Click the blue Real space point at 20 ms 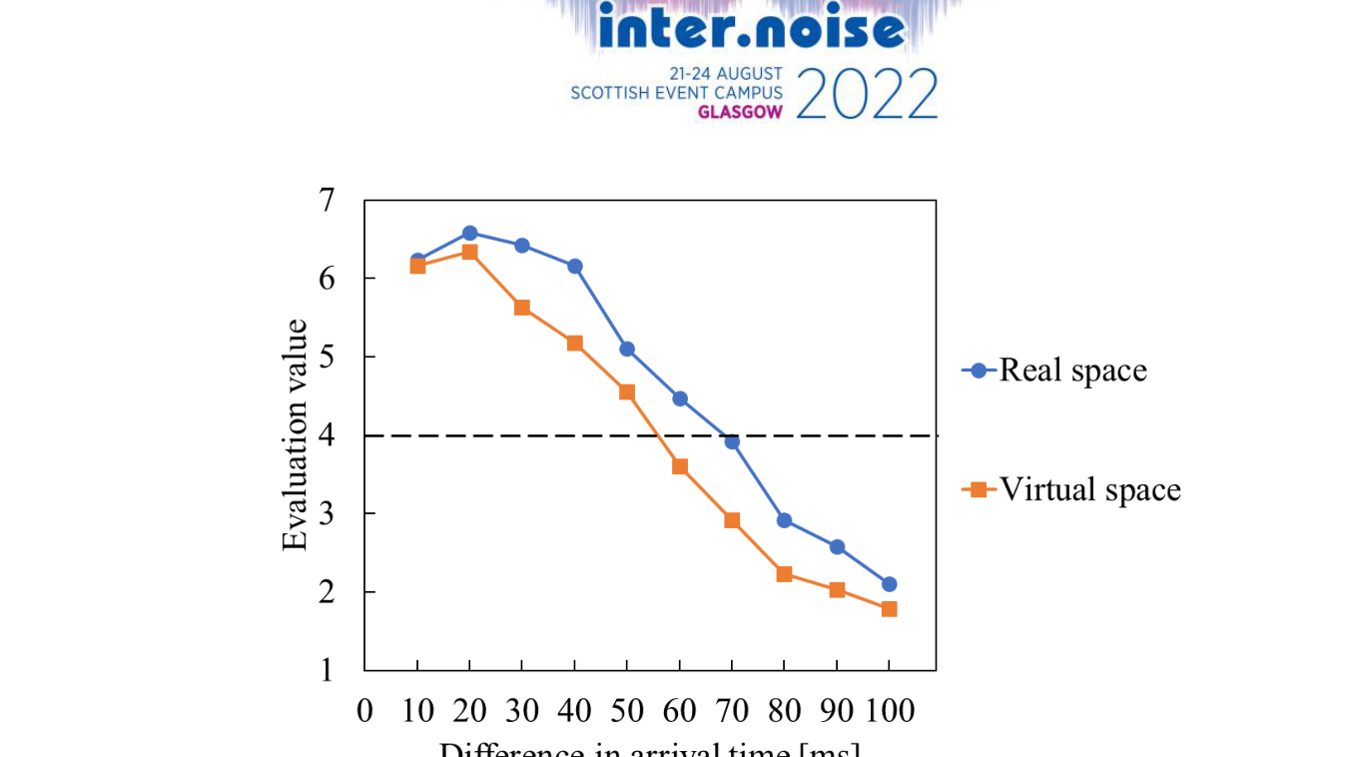pyautogui.click(x=469, y=233)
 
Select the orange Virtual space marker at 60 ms pyautogui.click(x=679, y=466)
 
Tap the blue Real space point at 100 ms pyautogui.click(x=889, y=584)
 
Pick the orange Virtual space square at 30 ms pyautogui.click(x=521, y=308)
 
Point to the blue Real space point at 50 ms pyautogui.click(x=627, y=349)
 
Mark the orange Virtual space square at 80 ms pyautogui.click(x=784, y=574)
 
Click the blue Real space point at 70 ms pyautogui.click(x=732, y=441)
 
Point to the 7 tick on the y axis pyautogui.click(x=327, y=201)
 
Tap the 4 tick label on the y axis pyautogui.click(x=327, y=436)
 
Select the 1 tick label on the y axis pyautogui.click(x=327, y=670)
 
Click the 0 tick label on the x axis pyautogui.click(x=364, y=711)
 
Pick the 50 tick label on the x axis pyautogui.click(x=627, y=711)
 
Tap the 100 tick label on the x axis pyautogui.click(x=890, y=711)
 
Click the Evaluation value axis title pyautogui.click(x=296, y=435)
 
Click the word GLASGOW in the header pyautogui.click(x=740, y=112)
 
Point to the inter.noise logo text pyautogui.click(x=752, y=29)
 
